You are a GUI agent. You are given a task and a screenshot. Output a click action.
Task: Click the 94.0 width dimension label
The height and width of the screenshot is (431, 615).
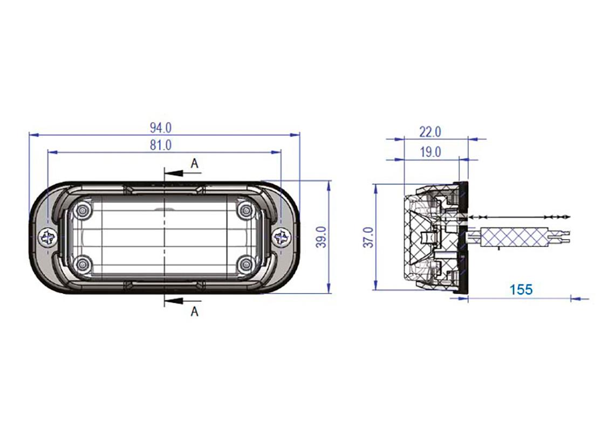tap(161, 128)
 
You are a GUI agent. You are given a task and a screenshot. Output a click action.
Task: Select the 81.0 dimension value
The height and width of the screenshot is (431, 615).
tap(161, 145)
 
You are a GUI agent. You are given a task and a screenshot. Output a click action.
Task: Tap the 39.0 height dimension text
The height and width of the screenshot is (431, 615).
tap(322, 237)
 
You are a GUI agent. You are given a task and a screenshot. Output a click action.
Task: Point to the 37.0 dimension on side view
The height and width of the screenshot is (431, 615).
tap(368, 237)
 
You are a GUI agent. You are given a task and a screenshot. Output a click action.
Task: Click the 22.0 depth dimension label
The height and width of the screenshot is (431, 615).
tap(430, 131)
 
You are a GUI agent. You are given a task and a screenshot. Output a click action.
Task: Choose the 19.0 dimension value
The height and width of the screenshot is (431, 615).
tap(430, 152)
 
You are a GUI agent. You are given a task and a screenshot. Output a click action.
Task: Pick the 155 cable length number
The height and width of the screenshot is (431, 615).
tap(521, 289)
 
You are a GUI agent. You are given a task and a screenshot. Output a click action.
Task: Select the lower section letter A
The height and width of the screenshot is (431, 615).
tap(195, 311)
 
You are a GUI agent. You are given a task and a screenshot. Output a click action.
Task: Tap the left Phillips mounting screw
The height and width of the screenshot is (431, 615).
tap(47, 237)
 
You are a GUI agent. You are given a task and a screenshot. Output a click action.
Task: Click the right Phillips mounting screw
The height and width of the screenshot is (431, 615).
tap(281, 237)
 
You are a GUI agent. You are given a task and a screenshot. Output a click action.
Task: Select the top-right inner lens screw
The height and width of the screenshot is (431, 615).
tap(245, 210)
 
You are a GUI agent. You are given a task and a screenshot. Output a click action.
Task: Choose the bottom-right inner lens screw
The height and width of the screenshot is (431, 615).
tap(245, 263)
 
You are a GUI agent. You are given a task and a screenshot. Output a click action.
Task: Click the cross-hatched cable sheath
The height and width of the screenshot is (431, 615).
tap(512, 236)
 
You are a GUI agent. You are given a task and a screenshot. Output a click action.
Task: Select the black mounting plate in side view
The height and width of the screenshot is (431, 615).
tap(463, 237)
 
